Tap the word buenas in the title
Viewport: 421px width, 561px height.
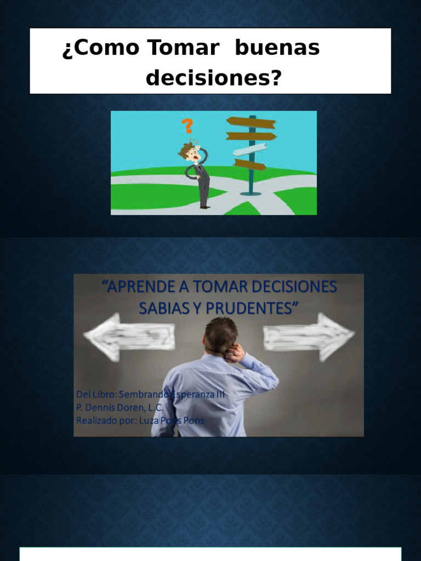click(277, 48)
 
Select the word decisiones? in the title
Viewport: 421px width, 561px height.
click(214, 79)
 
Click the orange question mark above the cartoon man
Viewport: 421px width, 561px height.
click(187, 125)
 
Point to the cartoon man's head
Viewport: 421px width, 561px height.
click(190, 151)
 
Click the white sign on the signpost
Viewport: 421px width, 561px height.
click(249, 150)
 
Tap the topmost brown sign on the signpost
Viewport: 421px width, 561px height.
click(251, 122)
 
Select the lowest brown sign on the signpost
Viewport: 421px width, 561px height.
click(249, 164)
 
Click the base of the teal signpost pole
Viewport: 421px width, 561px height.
click(251, 193)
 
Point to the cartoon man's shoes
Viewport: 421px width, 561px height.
click(205, 207)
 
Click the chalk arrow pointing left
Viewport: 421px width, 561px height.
click(129, 336)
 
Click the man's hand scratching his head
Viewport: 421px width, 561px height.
click(236, 352)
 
